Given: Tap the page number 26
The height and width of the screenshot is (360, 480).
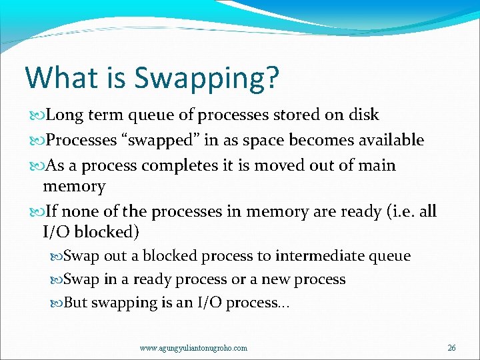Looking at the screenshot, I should (x=451, y=347).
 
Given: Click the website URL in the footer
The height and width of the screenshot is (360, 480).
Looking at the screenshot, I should (x=193, y=348).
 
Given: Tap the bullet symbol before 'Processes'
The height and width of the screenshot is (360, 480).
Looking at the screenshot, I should (x=36, y=141).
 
